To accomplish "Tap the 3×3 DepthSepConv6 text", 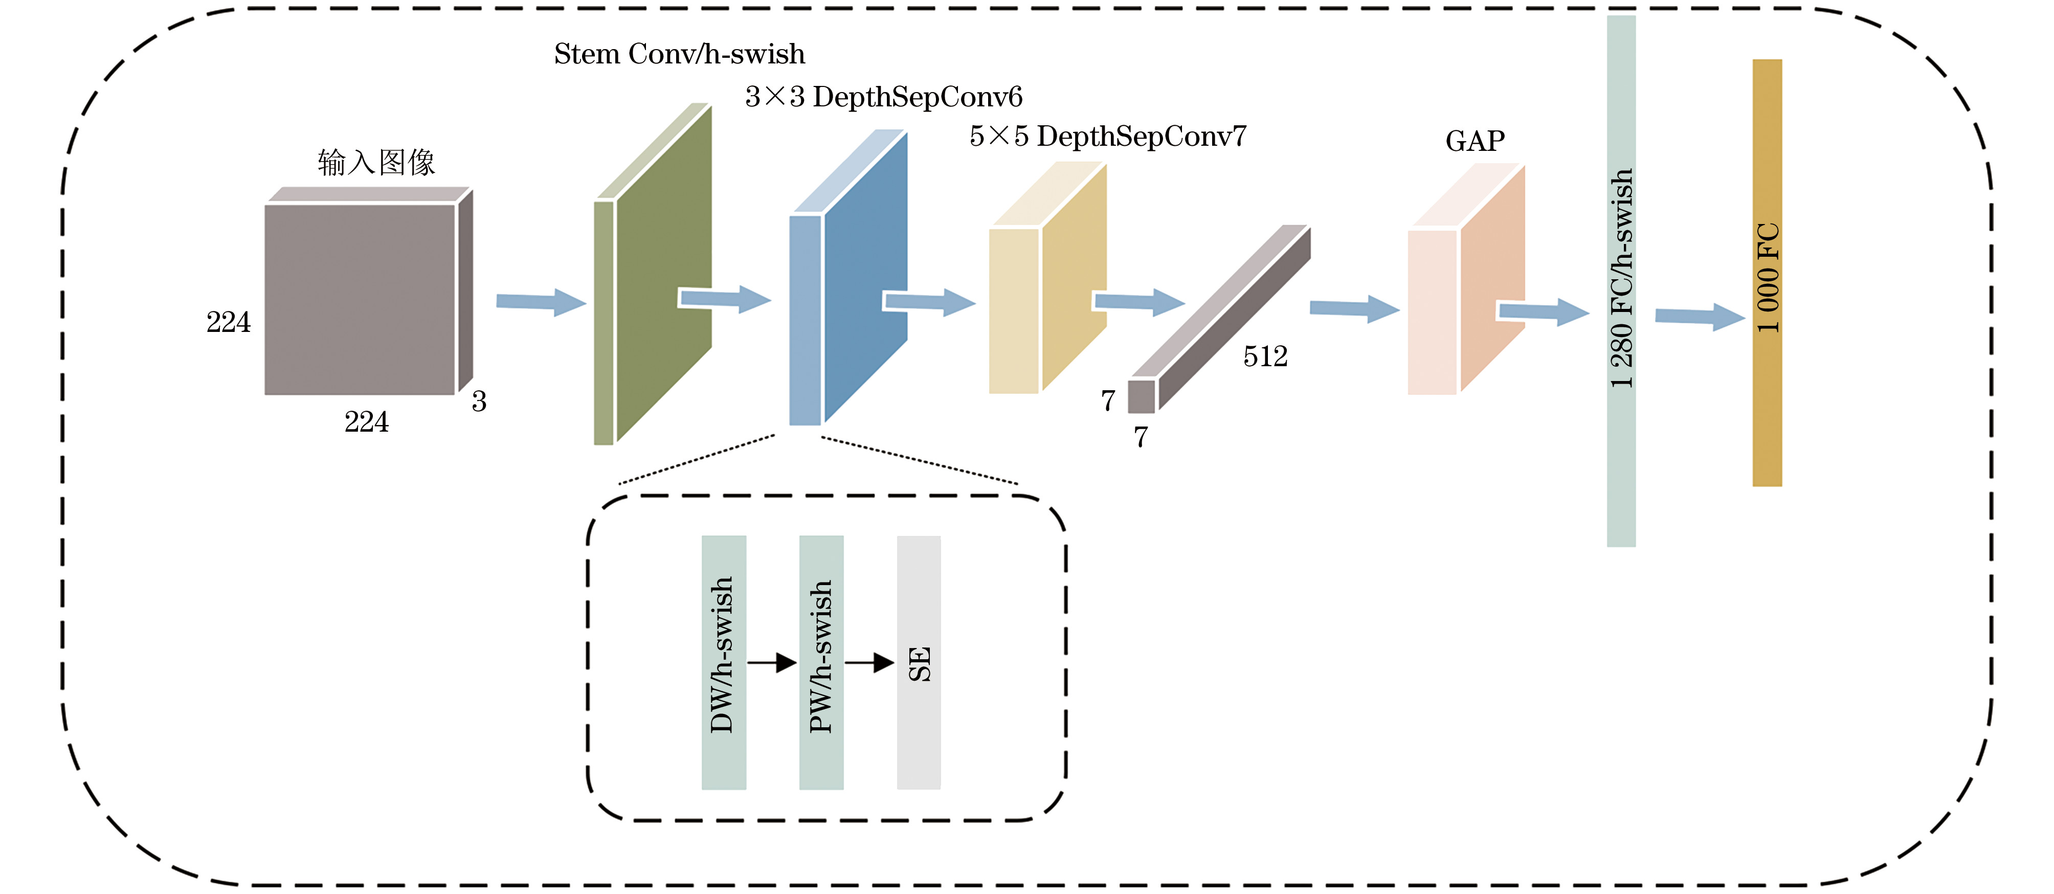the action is click(x=883, y=97).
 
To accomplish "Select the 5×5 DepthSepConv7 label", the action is click(x=1107, y=137).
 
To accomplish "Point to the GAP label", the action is click(x=1475, y=141).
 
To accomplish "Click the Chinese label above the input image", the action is click(x=376, y=162).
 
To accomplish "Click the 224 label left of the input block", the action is click(x=229, y=322).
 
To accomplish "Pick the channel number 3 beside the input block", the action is click(x=478, y=401).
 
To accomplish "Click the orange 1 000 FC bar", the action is click(x=1767, y=273).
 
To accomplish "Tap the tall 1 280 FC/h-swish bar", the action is click(x=1621, y=281).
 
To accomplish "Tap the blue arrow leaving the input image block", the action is click(x=542, y=302).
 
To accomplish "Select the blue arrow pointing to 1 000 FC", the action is click(x=1701, y=317).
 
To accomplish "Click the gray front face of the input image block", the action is click(x=360, y=299).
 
